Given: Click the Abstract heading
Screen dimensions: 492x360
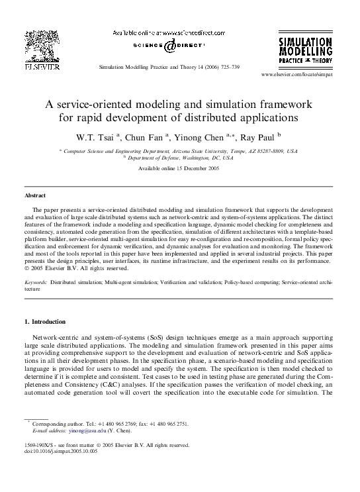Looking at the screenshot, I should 35,196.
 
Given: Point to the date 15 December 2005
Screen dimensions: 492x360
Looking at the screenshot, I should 193,169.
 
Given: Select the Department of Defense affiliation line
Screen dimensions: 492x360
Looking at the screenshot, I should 179,159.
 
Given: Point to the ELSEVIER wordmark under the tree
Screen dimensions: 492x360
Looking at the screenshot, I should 42,67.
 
